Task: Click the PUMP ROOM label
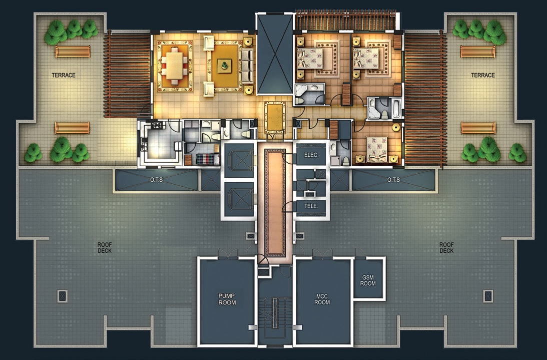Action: pyautogui.click(x=227, y=299)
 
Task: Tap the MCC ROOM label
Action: pyautogui.click(x=322, y=299)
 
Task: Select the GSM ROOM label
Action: pyautogui.click(x=368, y=280)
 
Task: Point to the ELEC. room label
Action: pyautogui.click(x=311, y=155)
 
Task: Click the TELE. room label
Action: pyautogui.click(x=311, y=206)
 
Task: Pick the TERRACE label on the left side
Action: pyautogui.click(x=64, y=75)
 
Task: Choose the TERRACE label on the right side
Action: pyautogui.click(x=483, y=75)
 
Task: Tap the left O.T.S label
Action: pyautogui.click(x=156, y=180)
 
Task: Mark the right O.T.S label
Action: pyautogui.click(x=393, y=180)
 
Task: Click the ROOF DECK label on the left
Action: pyautogui.click(x=105, y=248)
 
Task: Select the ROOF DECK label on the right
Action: pyautogui.click(x=446, y=248)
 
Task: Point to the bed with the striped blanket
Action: pyautogui.click(x=208, y=159)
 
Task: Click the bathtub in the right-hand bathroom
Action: pyautogui.click(x=397, y=108)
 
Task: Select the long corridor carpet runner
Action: pyautogui.click(x=275, y=202)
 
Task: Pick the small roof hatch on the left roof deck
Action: pyautogui.click(x=63, y=296)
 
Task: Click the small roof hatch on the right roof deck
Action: pyautogui.click(x=488, y=296)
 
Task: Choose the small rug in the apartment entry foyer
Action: pyautogui.click(x=275, y=118)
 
